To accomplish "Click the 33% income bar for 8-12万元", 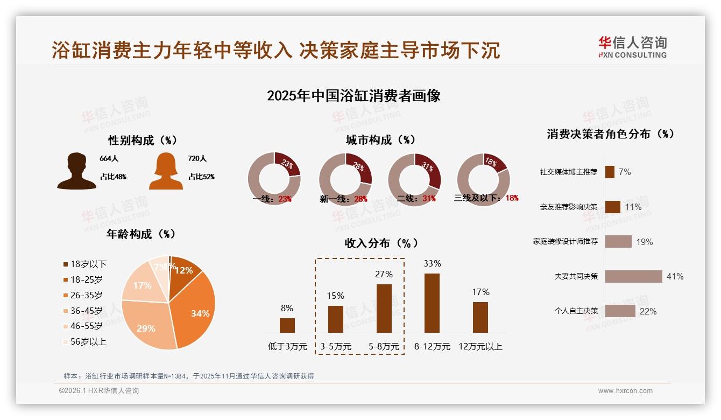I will click(x=432, y=303).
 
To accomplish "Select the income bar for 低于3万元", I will click(x=287, y=325).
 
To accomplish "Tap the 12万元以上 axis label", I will click(x=480, y=347).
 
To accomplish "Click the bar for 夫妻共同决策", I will click(x=633, y=276).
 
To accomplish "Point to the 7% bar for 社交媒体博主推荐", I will click(x=610, y=172).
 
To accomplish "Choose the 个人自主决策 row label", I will click(x=576, y=311).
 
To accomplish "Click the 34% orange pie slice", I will click(x=196, y=310).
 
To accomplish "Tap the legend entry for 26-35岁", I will click(x=86, y=295).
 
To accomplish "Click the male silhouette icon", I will click(x=77, y=171).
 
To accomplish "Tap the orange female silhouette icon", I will click(x=166, y=171).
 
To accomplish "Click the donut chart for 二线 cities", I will click(x=414, y=179).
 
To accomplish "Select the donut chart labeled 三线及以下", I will click(x=483, y=179).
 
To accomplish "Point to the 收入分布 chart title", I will click(x=381, y=243).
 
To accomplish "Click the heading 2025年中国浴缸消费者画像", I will click(x=354, y=96).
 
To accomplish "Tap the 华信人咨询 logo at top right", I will click(x=632, y=47).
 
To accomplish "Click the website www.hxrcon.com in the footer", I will click(x=625, y=391).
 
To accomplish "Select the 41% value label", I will click(x=675, y=276).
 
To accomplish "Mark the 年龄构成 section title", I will click(x=141, y=234).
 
